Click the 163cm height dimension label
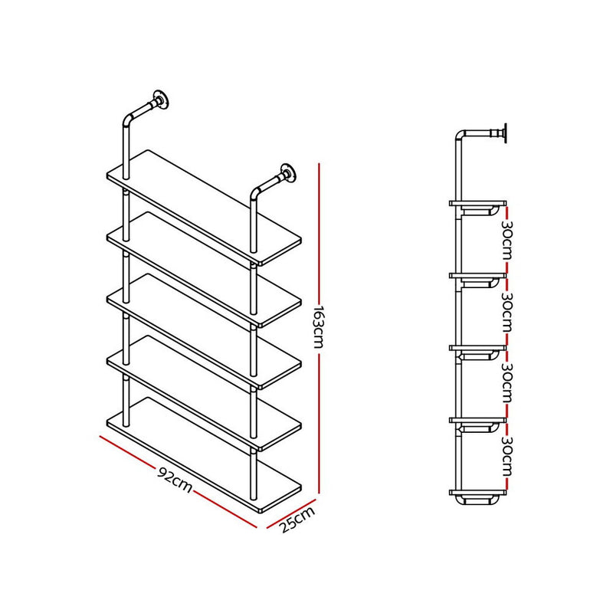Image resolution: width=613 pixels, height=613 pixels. tap(319, 326)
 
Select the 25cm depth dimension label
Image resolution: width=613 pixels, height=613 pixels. tap(297, 520)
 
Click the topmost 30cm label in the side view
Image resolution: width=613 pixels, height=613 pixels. tap(506, 240)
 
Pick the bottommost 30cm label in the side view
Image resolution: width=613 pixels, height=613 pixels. tap(506, 456)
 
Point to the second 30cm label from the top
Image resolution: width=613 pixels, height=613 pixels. tap(506, 312)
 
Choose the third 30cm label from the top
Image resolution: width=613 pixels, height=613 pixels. tap(506, 384)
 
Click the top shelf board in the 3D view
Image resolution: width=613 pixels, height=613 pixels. tap(204, 208)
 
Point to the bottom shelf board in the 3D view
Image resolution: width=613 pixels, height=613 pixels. tap(204, 455)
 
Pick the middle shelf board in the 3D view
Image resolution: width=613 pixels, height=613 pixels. tap(204, 331)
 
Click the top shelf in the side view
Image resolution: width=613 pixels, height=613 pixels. tap(477, 203)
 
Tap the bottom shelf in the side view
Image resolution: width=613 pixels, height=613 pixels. tap(477, 492)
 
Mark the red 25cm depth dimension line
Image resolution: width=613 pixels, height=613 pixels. tap(291, 513)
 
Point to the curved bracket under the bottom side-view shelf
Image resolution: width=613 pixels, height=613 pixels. tap(477, 500)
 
